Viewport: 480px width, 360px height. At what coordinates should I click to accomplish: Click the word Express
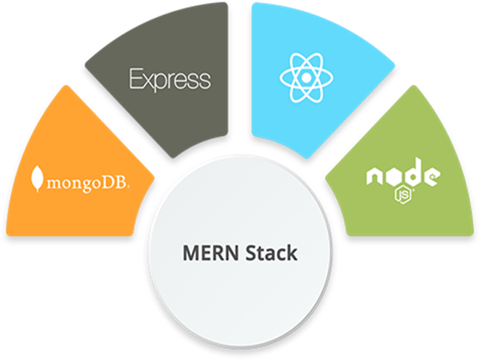(170, 79)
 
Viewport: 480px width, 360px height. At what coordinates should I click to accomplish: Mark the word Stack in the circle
(270, 254)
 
